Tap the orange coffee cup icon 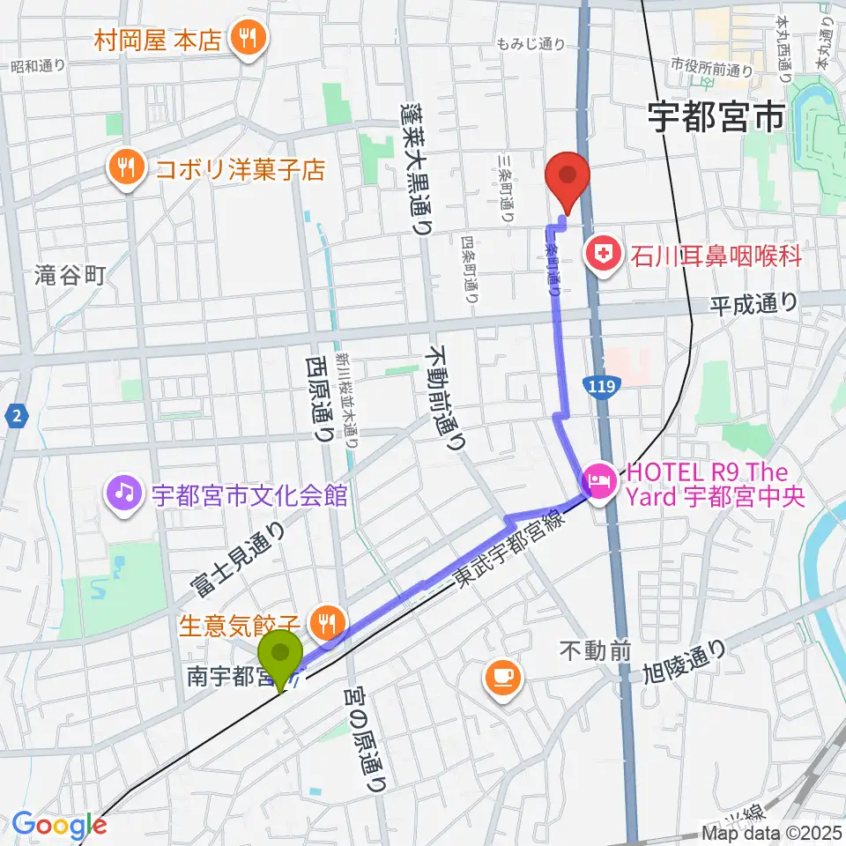502,677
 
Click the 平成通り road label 754,303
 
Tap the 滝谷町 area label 70,276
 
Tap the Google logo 59,826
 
